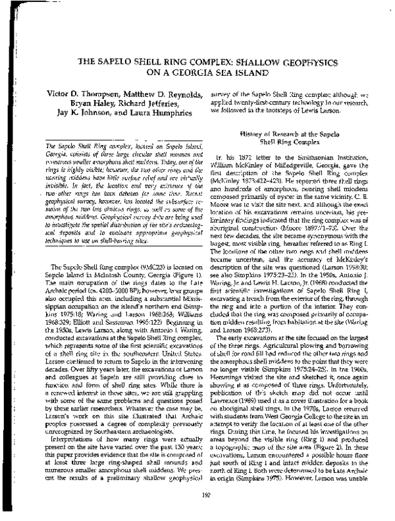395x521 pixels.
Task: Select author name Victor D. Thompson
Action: pyautogui.click(x=82, y=94)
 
